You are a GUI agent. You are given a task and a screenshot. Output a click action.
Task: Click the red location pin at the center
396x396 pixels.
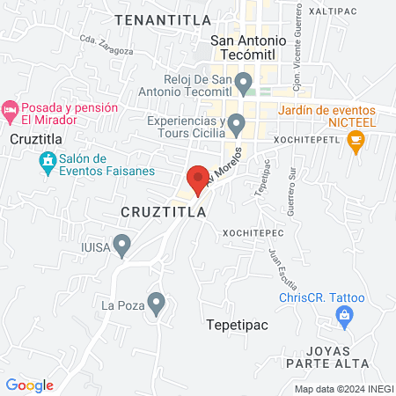click(x=198, y=179)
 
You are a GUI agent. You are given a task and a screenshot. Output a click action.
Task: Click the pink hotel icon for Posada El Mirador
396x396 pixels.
click(x=11, y=112)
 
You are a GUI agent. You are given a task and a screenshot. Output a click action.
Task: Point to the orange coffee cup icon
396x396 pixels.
click(x=356, y=140)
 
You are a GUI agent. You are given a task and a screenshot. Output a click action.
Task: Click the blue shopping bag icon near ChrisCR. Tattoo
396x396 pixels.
click(x=347, y=316)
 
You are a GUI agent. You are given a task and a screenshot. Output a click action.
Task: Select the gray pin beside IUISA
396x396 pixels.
click(x=122, y=243)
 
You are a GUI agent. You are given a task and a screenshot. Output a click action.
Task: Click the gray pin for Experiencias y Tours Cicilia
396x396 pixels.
click(x=235, y=124)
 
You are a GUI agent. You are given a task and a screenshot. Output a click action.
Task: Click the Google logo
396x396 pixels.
click(x=29, y=385)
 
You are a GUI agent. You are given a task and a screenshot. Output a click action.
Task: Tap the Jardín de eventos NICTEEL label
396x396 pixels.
click(x=329, y=117)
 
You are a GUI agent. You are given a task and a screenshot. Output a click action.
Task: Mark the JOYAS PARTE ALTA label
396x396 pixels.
click(x=353, y=356)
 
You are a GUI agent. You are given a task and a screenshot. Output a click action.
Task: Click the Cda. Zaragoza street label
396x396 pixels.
click(x=106, y=45)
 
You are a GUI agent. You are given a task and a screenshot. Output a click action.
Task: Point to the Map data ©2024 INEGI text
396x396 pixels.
click(x=342, y=388)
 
